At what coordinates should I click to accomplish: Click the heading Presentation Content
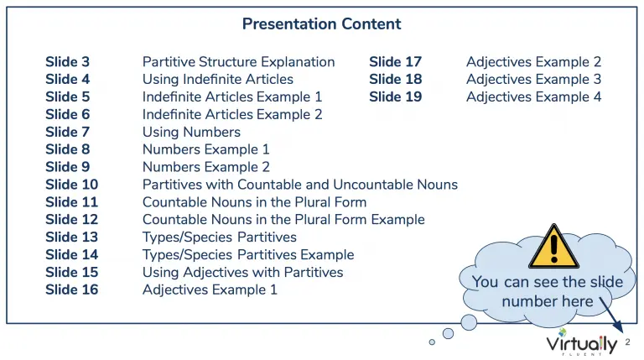pos(322,23)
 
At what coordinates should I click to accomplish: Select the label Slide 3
pos(67,61)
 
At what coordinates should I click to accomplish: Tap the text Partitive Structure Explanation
pos(239,61)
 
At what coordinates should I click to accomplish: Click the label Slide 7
pos(67,132)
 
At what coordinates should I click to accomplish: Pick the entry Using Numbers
pos(191,133)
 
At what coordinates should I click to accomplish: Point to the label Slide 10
pos(72,185)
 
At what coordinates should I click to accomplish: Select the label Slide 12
pos(72,220)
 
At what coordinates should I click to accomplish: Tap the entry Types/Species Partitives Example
pos(248,255)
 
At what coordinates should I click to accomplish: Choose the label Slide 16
pos(72,290)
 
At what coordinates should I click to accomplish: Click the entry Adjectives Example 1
pos(210,290)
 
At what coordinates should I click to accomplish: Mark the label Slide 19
pos(396,97)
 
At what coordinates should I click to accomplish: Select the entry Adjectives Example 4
pos(534,97)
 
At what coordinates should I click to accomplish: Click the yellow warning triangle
pos(554,247)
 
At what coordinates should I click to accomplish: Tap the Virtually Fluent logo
pos(582,342)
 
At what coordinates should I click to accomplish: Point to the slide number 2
pos(627,342)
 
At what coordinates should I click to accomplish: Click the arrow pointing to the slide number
pos(611,315)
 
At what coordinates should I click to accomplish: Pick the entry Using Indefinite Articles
pos(218,80)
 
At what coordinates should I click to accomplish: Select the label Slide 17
pos(396,61)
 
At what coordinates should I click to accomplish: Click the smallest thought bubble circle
pos(432,342)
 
